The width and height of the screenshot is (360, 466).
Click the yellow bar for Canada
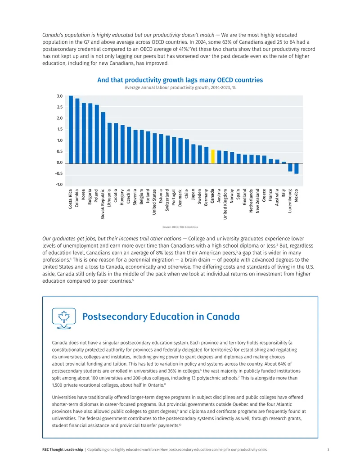(213, 156)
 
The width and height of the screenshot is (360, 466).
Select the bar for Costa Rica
(71, 129)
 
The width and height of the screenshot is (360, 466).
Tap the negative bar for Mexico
(297, 168)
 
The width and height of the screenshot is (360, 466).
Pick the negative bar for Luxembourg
(290, 167)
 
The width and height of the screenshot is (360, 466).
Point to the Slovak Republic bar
(103, 138)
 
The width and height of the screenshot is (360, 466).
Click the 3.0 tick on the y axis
(60, 96)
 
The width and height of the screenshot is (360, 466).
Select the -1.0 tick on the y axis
(59, 184)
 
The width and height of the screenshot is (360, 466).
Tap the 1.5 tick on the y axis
(60, 129)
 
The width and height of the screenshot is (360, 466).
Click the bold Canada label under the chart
(212, 196)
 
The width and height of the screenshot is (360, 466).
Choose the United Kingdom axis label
(225, 204)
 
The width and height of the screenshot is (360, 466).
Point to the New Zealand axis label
(257, 201)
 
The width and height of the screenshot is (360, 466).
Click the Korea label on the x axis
(83, 195)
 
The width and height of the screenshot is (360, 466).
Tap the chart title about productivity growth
(180, 80)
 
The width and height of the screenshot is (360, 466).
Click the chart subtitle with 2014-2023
(180, 88)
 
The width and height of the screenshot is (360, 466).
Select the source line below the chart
(180, 227)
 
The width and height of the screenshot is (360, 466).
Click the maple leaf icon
(64, 317)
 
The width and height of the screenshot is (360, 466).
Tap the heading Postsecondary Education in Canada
(161, 317)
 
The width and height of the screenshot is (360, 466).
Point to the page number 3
(328, 450)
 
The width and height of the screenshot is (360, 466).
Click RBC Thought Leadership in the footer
(63, 450)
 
